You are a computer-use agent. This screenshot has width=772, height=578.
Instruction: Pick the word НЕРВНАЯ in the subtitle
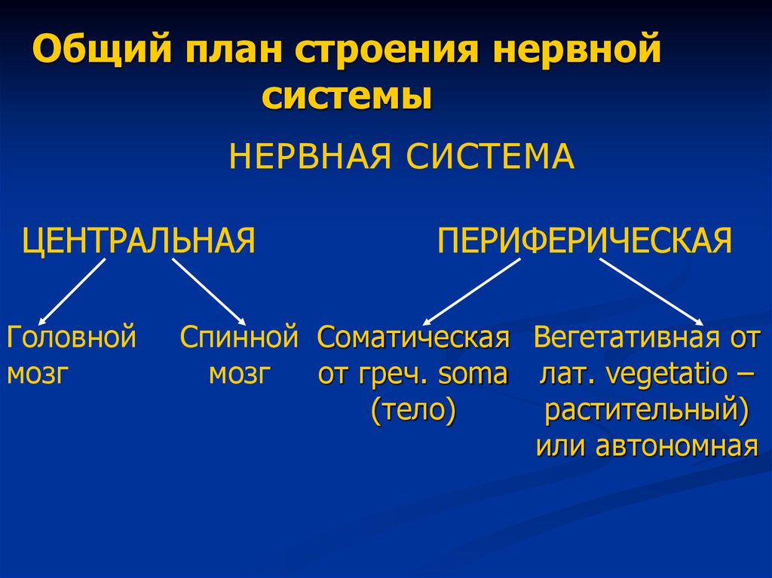[311, 157]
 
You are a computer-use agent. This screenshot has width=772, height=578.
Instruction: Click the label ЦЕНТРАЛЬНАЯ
[139, 241]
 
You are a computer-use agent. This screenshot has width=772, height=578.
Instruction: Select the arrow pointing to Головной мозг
[72, 291]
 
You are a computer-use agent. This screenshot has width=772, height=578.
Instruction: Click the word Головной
[72, 337]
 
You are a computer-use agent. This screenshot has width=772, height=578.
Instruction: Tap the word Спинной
[239, 337]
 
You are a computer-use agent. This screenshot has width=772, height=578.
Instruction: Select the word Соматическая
[413, 338]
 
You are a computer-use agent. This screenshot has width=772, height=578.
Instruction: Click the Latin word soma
[473, 374]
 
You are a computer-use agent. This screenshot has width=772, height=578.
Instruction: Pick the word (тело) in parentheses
[413, 411]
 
